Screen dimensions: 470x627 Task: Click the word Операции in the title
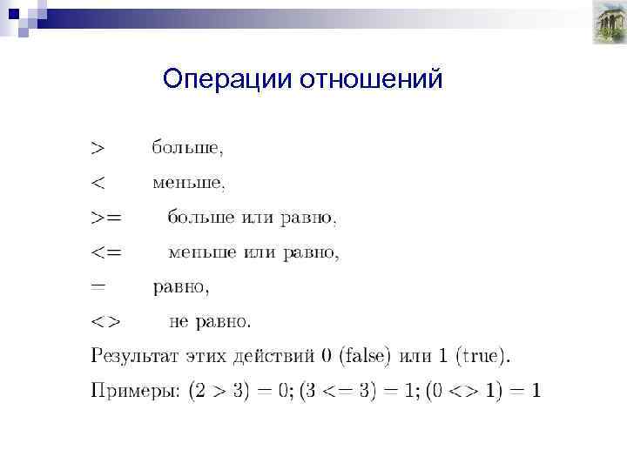(227, 79)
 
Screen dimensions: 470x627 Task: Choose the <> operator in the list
(107, 321)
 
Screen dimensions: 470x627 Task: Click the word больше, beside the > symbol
(187, 148)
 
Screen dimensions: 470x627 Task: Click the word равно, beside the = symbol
(182, 286)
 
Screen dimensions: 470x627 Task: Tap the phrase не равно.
(210, 321)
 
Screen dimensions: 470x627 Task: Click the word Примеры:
(135, 391)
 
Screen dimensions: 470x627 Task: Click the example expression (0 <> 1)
(466, 391)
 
